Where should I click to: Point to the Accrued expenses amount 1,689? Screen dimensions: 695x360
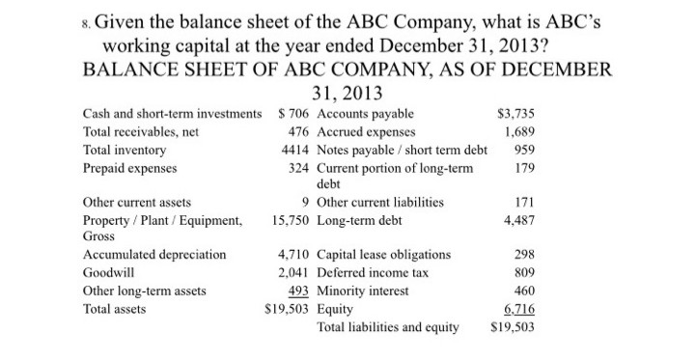(519, 132)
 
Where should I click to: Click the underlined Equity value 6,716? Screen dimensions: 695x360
(519, 310)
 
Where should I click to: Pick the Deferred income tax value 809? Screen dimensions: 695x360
(526, 273)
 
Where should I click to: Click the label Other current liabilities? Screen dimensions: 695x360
(380, 203)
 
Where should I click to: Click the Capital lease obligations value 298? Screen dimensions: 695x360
(526, 255)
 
